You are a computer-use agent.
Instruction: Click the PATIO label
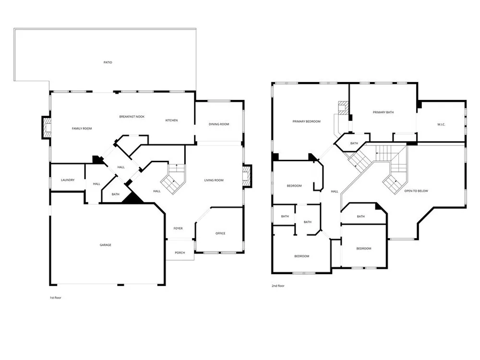(x=108, y=62)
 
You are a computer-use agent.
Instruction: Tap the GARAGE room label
(x=105, y=245)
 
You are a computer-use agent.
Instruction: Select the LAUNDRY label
(x=68, y=180)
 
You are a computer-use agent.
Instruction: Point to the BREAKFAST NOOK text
(x=132, y=117)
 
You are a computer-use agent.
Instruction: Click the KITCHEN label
(x=171, y=120)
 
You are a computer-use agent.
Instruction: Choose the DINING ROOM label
(x=219, y=124)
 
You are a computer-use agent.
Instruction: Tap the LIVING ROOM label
(x=214, y=180)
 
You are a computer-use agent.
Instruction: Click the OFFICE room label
(x=220, y=233)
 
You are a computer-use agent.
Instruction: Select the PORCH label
(x=180, y=253)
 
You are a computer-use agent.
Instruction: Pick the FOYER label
(x=178, y=228)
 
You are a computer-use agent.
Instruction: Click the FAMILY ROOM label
(x=82, y=129)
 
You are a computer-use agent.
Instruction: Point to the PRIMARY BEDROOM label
(x=306, y=121)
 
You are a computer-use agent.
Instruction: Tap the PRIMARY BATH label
(x=383, y=112)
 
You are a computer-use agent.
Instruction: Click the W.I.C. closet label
(x=441, y=125)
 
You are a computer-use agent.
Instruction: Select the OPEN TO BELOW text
(x=416, y=191)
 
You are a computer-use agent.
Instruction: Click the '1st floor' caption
(x=55, y=298)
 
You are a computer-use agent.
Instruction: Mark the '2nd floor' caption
(x=278, y=286)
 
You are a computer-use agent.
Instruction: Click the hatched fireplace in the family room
(x=47, y=128)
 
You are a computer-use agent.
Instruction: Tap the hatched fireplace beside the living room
(x=247, y=176)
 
